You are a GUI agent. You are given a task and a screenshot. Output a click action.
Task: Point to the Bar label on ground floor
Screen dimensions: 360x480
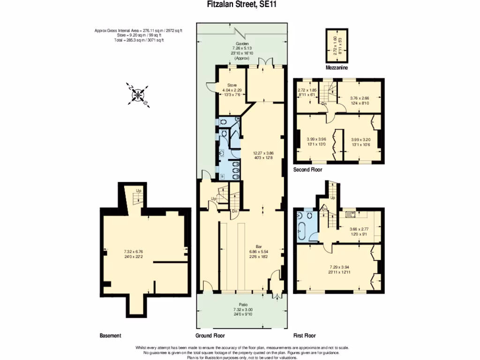pos(258,246)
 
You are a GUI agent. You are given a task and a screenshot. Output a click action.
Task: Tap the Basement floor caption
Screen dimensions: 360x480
pos(110,336)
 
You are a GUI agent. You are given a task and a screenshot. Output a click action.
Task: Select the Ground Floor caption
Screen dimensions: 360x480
pos(210,336)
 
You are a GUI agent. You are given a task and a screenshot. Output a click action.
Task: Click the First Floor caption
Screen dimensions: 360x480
pos(304,336)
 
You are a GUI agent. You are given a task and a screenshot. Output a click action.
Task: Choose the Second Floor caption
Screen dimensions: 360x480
pos(307,170)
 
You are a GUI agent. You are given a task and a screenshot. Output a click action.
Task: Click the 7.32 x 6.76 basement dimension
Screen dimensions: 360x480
pos(143,252)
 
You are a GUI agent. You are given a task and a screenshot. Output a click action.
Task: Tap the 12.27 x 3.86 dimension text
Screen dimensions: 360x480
pos(263,153)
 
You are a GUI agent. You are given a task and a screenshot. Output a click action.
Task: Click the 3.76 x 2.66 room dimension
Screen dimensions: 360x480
pos(360,98)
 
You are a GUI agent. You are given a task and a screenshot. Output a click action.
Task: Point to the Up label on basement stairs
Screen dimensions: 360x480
pos(139,191)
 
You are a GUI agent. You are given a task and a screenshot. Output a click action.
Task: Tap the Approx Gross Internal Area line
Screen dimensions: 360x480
pos(138,30)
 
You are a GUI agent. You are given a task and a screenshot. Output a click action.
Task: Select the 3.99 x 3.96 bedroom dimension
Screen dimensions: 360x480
pos(316,139)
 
